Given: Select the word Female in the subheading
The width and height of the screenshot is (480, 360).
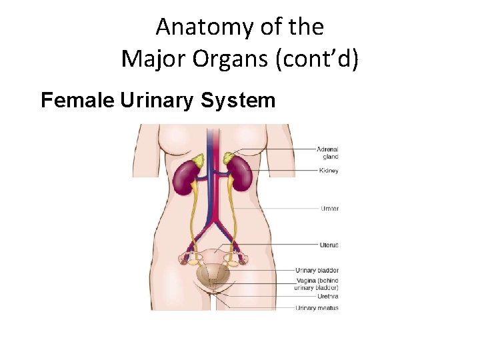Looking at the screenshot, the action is point(78,101).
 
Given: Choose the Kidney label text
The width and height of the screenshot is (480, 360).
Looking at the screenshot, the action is point(328,171).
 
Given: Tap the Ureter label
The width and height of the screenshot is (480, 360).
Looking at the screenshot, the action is point(329,209).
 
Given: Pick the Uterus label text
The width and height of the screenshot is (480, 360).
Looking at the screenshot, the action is point(329,245).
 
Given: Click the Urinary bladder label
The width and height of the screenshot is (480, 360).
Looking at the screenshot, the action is point(317,270).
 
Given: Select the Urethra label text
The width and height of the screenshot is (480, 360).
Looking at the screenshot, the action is point(328,296).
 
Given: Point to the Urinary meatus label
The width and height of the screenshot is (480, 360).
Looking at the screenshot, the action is point(317,308).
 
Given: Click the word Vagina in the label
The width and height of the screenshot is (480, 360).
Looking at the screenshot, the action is point(306,280).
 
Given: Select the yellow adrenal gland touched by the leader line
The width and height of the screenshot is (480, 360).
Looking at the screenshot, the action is point(229,157).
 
